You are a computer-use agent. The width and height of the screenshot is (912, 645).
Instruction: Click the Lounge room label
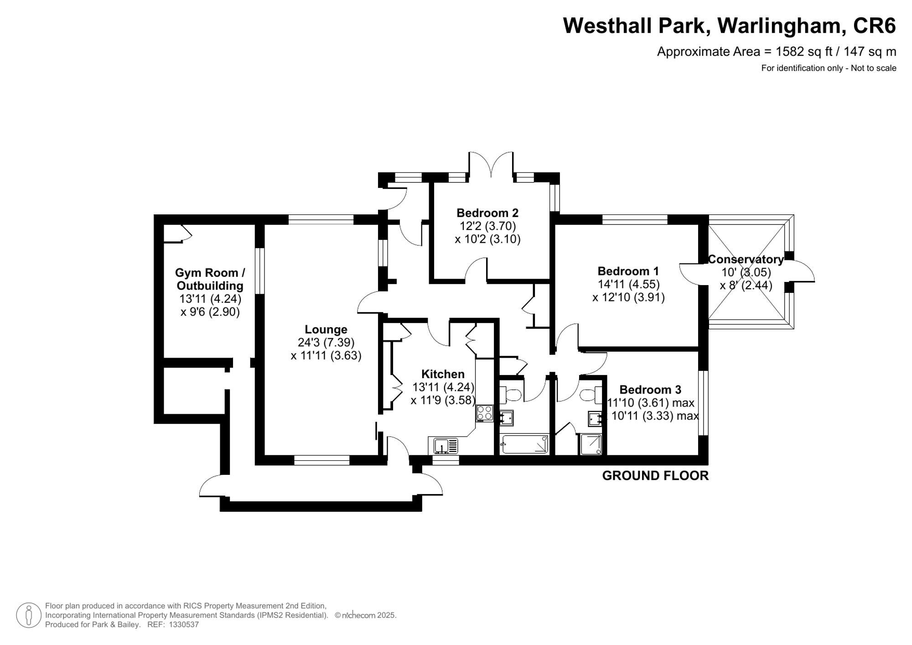(x=326, y=329)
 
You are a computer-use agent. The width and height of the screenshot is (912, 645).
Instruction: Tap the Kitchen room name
(x=442, y=374)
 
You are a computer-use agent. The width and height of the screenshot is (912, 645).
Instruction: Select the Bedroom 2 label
(x=487, y=213)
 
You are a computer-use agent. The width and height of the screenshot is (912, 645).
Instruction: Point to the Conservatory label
(x=746, y=259)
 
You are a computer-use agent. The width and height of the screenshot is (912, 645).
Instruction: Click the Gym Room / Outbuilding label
(x=210, y=279)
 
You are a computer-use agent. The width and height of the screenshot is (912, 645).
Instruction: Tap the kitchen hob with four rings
(x=484, y=413)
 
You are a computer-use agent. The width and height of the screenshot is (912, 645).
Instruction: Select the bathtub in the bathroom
(x=524, y=444)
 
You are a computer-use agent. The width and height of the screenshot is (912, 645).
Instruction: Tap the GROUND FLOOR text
(x=655, y=476)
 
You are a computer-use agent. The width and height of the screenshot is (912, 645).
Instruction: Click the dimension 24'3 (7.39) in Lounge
(x=326, y=342)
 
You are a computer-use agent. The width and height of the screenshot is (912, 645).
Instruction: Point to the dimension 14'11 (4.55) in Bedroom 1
(x=628, y=284)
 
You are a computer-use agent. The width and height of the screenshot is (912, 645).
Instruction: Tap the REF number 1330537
(x=184, y=624)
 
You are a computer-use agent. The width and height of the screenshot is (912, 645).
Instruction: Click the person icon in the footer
(x=29, y=615)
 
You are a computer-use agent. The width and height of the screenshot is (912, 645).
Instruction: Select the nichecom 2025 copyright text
(x=366, y=615)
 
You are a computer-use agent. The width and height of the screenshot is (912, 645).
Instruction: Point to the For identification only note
(x=829, y=68)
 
